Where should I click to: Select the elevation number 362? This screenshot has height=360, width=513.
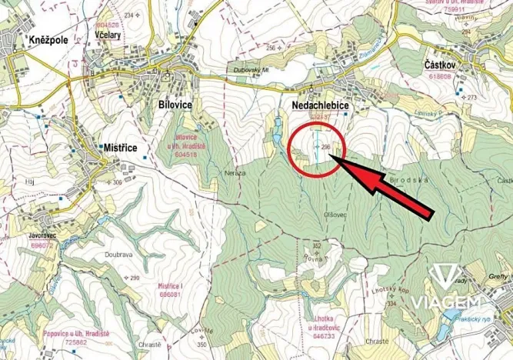[315, 246]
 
